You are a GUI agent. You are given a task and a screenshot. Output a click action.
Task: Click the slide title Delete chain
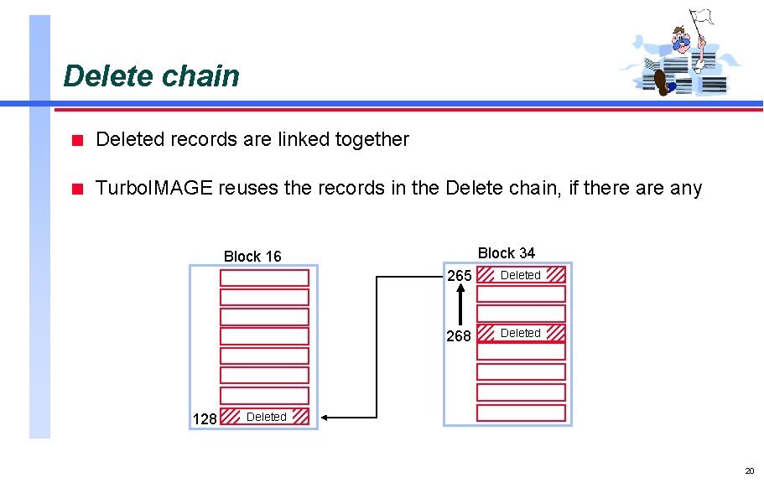pos(151,75)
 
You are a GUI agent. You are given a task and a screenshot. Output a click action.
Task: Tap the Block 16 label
pos(252,257)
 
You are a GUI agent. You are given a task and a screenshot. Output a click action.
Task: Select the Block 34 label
pos(506,252)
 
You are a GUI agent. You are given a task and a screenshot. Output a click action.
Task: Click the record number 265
pos(459,276)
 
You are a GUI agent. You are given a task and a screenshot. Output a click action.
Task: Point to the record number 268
pos(459,335)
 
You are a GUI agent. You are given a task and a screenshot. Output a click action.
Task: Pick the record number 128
pos(205,418)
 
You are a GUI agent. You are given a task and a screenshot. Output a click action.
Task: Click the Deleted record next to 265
pos(521,275)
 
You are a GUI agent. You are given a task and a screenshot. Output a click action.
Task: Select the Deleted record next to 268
pos(521,333)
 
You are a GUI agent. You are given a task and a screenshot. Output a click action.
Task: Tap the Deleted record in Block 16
pos(265,417)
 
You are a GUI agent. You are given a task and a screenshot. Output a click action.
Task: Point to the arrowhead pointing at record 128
pos(326,417)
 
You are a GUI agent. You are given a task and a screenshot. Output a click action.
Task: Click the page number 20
pos(749,471)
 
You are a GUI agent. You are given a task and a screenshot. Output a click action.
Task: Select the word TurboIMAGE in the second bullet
pos(153,188)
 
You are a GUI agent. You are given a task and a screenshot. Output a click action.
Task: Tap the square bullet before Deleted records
pos(76,140)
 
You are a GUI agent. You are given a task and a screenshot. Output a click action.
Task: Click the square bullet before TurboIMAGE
pos(76,189)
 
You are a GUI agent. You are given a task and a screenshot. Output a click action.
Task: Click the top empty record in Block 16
pos(264,278)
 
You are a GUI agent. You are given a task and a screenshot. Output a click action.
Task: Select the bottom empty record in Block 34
pos(521,413)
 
